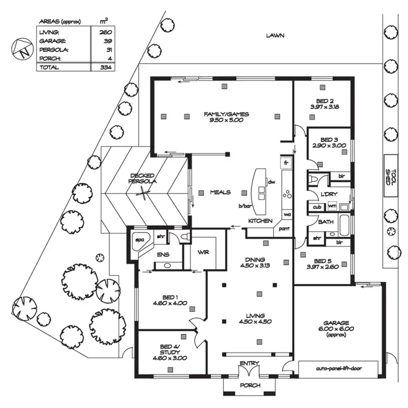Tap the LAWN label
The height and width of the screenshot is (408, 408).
(x=275, y=35)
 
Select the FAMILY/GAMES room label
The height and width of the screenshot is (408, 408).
(x=226, y=114)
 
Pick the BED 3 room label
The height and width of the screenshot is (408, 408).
(x=330, y=139)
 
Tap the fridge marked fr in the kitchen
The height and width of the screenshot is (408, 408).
(x=286, y=163)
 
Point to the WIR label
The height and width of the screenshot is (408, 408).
(x=202, y=253)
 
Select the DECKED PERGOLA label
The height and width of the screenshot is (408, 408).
(x=143, y=178)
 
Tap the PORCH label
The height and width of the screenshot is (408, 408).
(x=250, y=385)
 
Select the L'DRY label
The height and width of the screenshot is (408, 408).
(x=330, y=195)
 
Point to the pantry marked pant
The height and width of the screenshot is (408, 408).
(x=284, y=230)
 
